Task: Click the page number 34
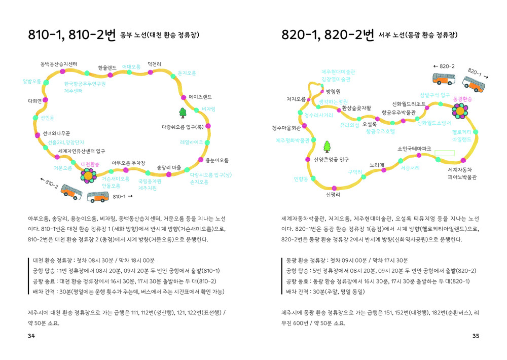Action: point(31,336)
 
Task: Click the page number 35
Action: point(475,336)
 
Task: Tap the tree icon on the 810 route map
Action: point(183,112)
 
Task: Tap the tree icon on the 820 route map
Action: point(327,147)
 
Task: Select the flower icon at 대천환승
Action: point(88,175)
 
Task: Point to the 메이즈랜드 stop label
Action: point(200,96)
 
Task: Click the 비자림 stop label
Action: point(208,109)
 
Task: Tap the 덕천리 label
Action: point(154,64)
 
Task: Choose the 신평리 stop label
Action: point(333,194)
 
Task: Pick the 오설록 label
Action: point(370,124)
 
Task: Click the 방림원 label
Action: point(333,92)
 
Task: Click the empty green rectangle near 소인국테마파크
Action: point(445,152)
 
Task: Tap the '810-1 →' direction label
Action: point(122,196)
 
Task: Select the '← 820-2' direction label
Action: point(444,66)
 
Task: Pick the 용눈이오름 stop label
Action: point(216,161)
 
